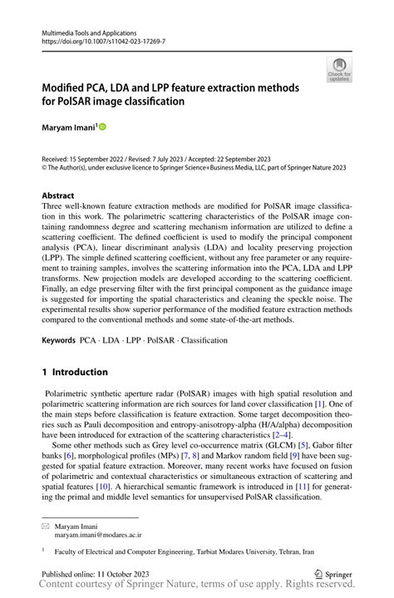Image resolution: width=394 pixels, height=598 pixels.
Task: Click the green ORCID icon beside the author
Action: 103,126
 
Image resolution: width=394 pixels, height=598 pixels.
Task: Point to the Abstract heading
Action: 59,196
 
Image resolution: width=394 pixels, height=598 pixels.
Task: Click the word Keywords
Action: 58,341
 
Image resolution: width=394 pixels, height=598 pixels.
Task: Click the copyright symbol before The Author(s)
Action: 45,167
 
